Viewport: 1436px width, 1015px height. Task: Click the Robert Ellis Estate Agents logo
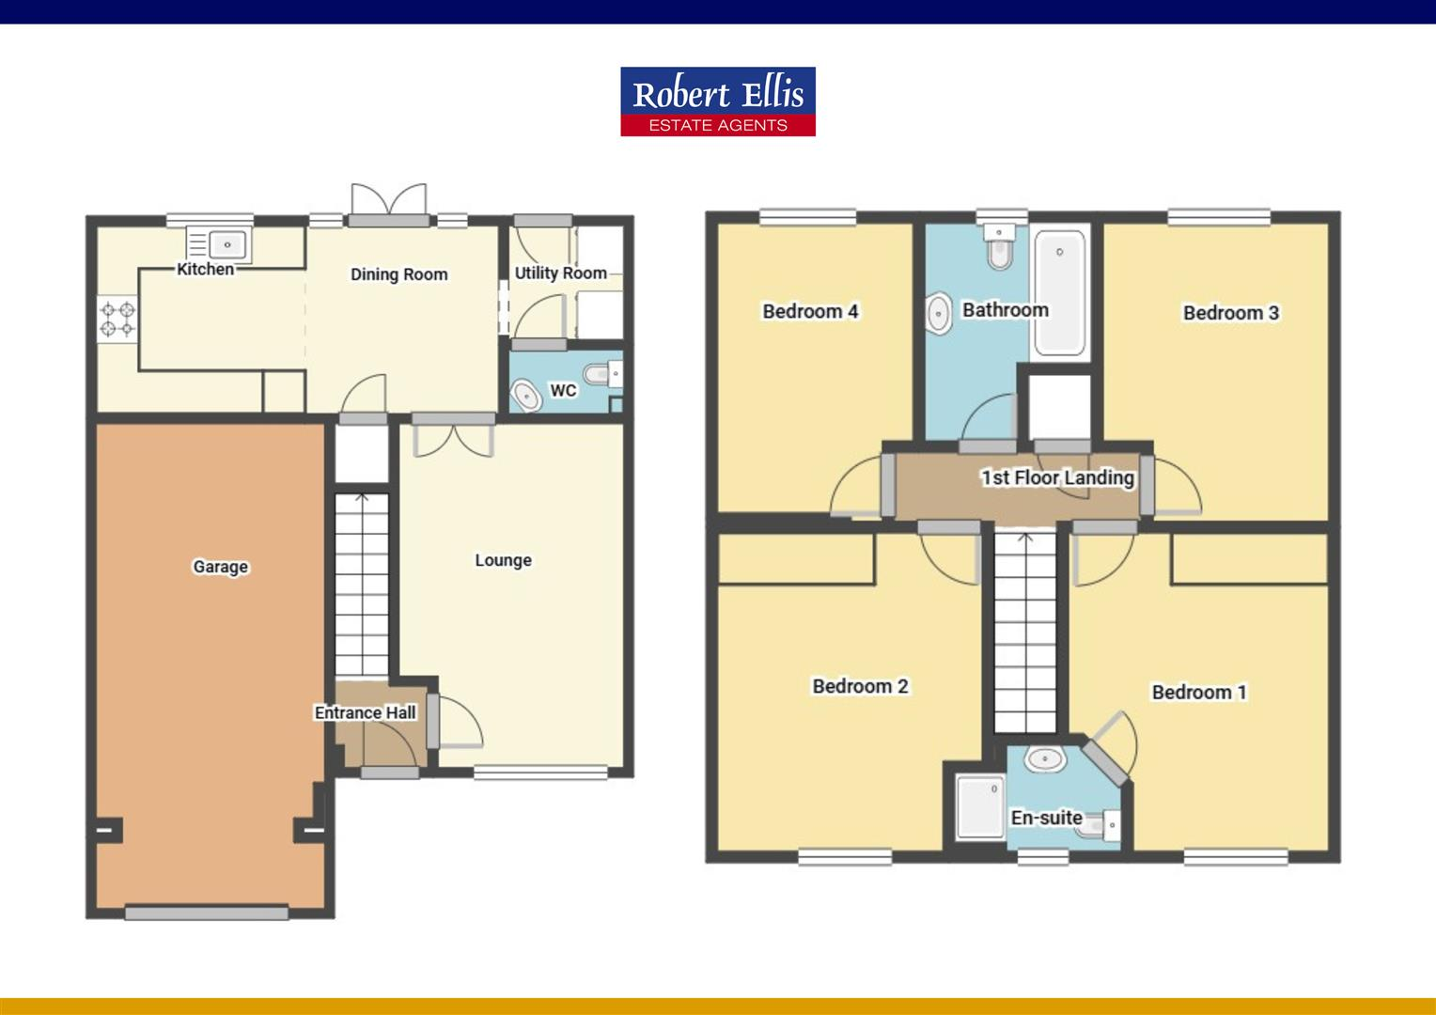(x=717, y=101)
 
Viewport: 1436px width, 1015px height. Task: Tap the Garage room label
(x=220, y=567)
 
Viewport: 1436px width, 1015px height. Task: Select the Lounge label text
(x=503, y=560)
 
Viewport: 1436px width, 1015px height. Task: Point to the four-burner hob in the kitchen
(x=118, y=319)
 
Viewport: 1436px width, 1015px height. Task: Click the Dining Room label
(x=398, y=274)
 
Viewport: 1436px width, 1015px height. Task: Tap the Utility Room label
(x=560, y=273)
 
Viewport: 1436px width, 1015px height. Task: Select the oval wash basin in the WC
(x=525, y=395)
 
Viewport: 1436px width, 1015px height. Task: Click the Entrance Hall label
(x=365, y=712)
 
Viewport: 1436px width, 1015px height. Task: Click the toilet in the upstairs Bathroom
(x=997, y=249)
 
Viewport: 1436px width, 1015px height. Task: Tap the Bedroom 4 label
(x=810, y=311)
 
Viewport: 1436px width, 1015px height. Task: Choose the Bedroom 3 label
(x=1230, y=313)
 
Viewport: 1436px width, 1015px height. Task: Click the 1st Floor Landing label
(x=1057, y=477)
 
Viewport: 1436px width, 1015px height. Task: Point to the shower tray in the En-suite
(x=980, y=806)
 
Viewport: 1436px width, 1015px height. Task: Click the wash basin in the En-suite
(x=1043, y=758)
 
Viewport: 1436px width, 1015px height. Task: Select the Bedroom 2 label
(x=860, y=686)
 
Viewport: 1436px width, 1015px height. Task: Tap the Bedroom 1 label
(x=1199, y=693)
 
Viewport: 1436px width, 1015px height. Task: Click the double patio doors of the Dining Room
(x=388, y=202)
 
